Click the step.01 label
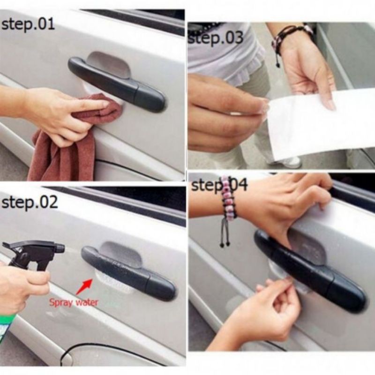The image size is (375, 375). pos(28,25)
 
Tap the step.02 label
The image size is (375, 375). pos(30,202)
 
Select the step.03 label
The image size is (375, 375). pos(216,38)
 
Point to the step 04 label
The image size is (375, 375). pos(219,185)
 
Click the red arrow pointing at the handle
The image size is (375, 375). pos(84,286)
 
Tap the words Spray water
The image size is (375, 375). pos(74,302)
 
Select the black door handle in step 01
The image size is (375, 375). pos(117,84)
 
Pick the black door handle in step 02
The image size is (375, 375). pos(128,273)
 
